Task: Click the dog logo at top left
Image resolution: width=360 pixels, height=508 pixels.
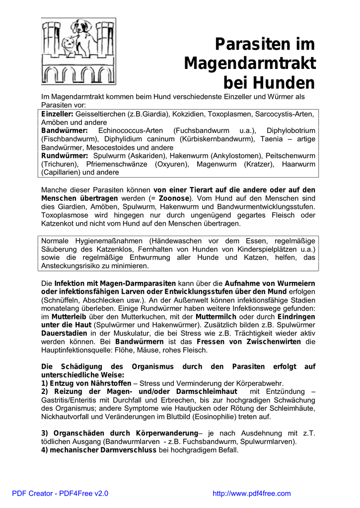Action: (78, 51)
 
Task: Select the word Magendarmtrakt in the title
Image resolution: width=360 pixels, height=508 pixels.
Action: (250, 63)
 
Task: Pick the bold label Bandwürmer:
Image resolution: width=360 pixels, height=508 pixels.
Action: (64, 131)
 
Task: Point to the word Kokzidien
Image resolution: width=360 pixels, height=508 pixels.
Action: (188, 114)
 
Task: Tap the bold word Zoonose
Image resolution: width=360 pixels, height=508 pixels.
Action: (174, 198)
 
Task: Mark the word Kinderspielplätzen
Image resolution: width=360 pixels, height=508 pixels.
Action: (256, 249)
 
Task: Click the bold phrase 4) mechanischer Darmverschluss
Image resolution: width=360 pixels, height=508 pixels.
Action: (99, 450)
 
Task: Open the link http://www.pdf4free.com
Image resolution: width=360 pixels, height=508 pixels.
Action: (251, 493)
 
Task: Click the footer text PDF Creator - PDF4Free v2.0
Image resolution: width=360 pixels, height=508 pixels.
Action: (60, 493)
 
